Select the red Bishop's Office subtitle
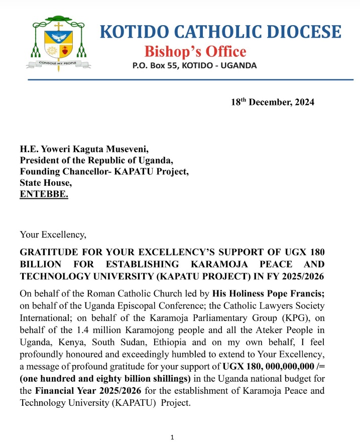pyautogui.click(x=195, y=51)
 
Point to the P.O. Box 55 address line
pyautogui.click(x=194, y=66)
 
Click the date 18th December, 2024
pyautogui.click(x=272, y=102)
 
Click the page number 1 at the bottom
pyautogui.click(x=172, y=437)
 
